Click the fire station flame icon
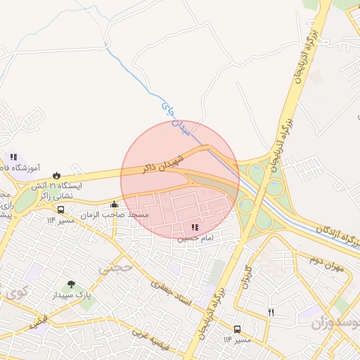57,175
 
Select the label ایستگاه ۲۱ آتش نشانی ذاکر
60,191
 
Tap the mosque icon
114,205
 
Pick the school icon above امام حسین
195,227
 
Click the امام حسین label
195,238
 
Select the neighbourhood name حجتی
115,268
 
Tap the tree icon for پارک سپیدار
71,285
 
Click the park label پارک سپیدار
71,296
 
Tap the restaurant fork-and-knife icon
271,312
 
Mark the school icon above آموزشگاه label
13,157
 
